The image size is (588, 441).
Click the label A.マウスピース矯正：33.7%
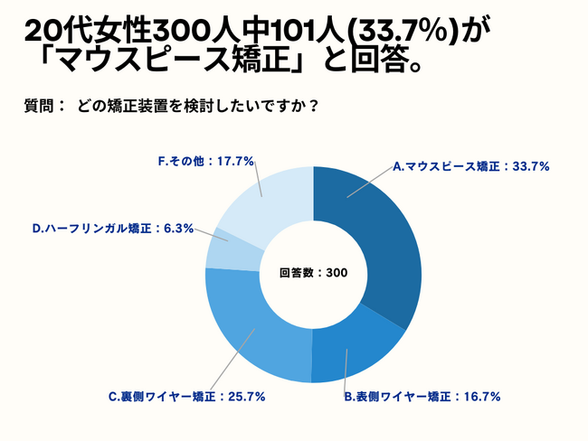tap(471, 166)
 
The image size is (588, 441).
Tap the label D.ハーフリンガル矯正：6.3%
tap(113, 229)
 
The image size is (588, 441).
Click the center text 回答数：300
tap(314, 273)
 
